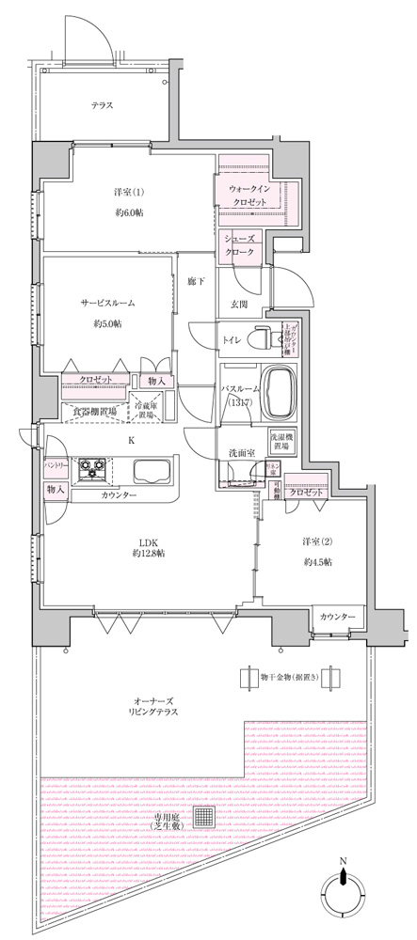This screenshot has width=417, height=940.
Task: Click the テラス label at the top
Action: coord(103,105)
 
